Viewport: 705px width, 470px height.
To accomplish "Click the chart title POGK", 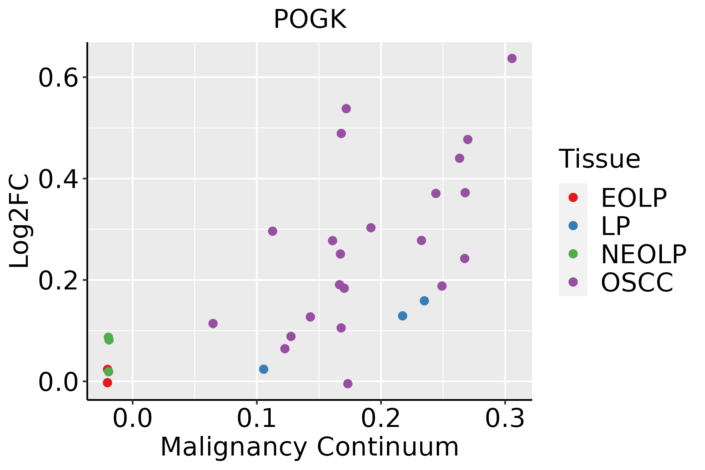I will point(310,20).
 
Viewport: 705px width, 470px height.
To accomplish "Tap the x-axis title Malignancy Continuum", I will point(309,447).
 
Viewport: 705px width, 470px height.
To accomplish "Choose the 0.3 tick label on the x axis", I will point(505,419).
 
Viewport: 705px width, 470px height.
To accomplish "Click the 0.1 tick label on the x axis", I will point(257,419).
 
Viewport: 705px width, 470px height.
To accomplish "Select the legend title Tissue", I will point(599,159).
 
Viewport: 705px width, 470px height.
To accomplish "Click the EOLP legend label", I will point(634,198).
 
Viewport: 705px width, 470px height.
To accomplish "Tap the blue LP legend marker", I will point(573,226).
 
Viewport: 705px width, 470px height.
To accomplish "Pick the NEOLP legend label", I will point(644,255).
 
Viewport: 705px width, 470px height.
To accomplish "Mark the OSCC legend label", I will point(637,283).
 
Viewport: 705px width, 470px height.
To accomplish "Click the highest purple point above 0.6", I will point(512,58).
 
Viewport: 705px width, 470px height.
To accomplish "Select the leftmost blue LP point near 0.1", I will point(264,369).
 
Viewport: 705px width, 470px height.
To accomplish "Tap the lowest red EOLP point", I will point(107,382).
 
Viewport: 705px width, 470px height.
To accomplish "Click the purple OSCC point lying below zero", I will point(348,383).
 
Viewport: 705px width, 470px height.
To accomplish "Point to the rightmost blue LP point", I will point(424,301).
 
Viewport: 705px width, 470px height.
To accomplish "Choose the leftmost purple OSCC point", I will point(213,324).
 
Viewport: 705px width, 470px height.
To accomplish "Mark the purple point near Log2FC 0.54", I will point(346,108).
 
